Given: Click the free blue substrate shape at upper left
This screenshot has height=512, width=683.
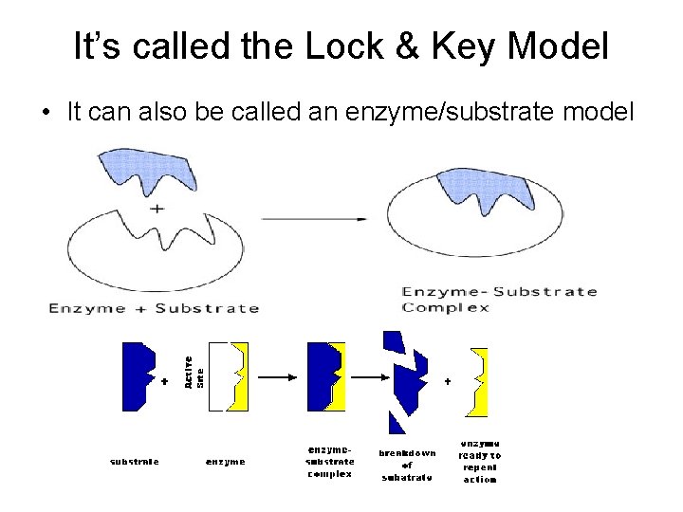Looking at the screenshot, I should [142, 174].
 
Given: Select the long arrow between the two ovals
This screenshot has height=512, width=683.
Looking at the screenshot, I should [314, 219].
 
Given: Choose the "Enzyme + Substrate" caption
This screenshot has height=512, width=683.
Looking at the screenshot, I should [154, 307].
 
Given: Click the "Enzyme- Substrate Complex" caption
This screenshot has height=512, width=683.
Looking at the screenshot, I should [500, 299].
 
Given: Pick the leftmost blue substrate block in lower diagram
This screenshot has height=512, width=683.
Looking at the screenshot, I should [138, 375].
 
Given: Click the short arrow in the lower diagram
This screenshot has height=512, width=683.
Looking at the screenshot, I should [277, 376].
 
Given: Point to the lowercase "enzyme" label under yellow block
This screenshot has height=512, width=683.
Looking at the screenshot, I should [226, 462].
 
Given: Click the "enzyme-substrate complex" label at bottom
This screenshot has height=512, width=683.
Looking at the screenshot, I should [330, 461].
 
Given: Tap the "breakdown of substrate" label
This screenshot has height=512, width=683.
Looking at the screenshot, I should [407, 465].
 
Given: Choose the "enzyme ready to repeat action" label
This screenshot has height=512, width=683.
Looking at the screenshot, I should [480, 461].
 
